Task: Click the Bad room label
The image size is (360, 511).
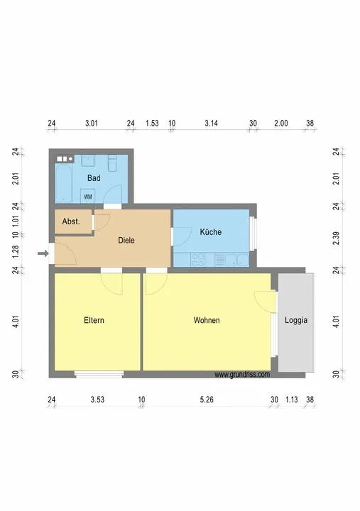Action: (94, 178)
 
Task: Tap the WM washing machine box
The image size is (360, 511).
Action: (88, 196)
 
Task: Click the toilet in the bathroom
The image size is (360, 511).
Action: (112, 163)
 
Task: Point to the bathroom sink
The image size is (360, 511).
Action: (88, 160)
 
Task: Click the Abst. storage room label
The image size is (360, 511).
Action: (71, 221)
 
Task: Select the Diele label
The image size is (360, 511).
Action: (126, 241)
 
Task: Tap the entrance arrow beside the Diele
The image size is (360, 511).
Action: (43, 253)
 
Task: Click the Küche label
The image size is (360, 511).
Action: (211, 232)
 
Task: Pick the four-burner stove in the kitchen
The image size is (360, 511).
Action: (198, 260)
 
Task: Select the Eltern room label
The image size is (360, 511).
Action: (94, 320)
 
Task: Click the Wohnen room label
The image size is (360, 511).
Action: (207, 320)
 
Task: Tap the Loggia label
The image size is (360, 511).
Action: (296, 320)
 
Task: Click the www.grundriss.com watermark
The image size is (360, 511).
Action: (242, 375)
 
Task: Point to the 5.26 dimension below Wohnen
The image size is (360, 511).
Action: (207, 400)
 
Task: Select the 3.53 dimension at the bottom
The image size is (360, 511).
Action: (97, 400)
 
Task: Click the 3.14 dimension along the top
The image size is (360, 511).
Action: (212, 123)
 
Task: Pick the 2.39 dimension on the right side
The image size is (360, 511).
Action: (337, 238)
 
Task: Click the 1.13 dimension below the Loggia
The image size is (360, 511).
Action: (292, 400)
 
